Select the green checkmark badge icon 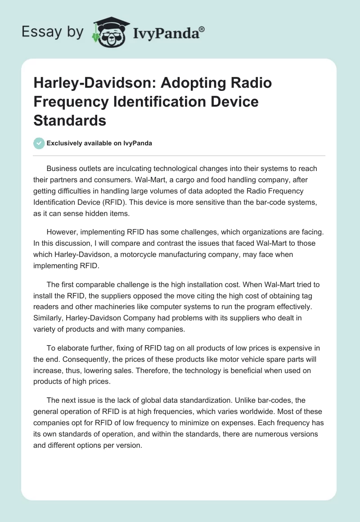(x=39, y=143)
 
